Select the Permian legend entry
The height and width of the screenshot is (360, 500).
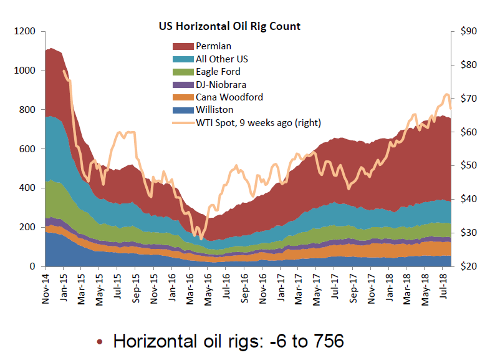point(213,46)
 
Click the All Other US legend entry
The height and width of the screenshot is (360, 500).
point(222,59)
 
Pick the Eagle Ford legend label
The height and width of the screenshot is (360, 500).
point(218,72)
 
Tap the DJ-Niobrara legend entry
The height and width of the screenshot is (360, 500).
point(221,84)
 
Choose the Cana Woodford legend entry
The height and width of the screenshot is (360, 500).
point(229,97)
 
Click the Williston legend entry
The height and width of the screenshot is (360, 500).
point(214,110)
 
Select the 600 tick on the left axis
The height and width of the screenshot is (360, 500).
point(29,149)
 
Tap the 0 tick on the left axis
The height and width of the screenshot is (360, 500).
point(34,266)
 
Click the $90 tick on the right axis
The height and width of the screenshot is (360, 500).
point(469,32)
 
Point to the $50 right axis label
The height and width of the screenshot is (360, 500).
point(469,166)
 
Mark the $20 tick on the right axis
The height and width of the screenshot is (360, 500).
point(469,266)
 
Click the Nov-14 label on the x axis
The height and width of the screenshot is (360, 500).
point(46,289)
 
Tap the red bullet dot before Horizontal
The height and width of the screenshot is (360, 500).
point(100,343)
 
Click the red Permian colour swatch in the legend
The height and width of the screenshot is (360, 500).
point(182,46)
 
